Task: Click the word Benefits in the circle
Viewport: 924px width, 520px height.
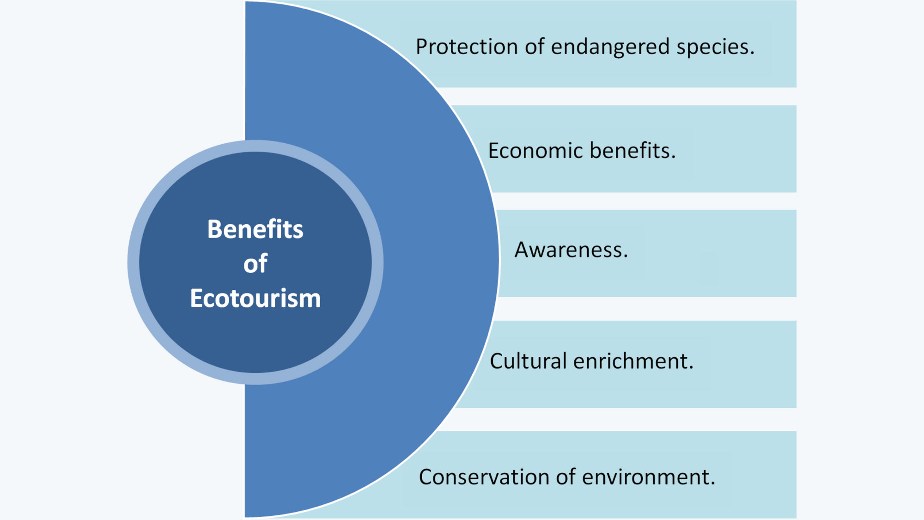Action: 255,229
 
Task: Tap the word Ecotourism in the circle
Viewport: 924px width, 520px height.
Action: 255,298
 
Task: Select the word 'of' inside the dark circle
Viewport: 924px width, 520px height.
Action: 255,263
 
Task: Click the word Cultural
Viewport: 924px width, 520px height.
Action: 528,361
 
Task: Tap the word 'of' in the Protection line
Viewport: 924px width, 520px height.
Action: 535,47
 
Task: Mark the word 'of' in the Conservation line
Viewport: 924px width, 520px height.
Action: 566,477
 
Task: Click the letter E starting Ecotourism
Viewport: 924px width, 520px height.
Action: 196,298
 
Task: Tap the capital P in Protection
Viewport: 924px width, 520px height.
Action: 422,47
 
